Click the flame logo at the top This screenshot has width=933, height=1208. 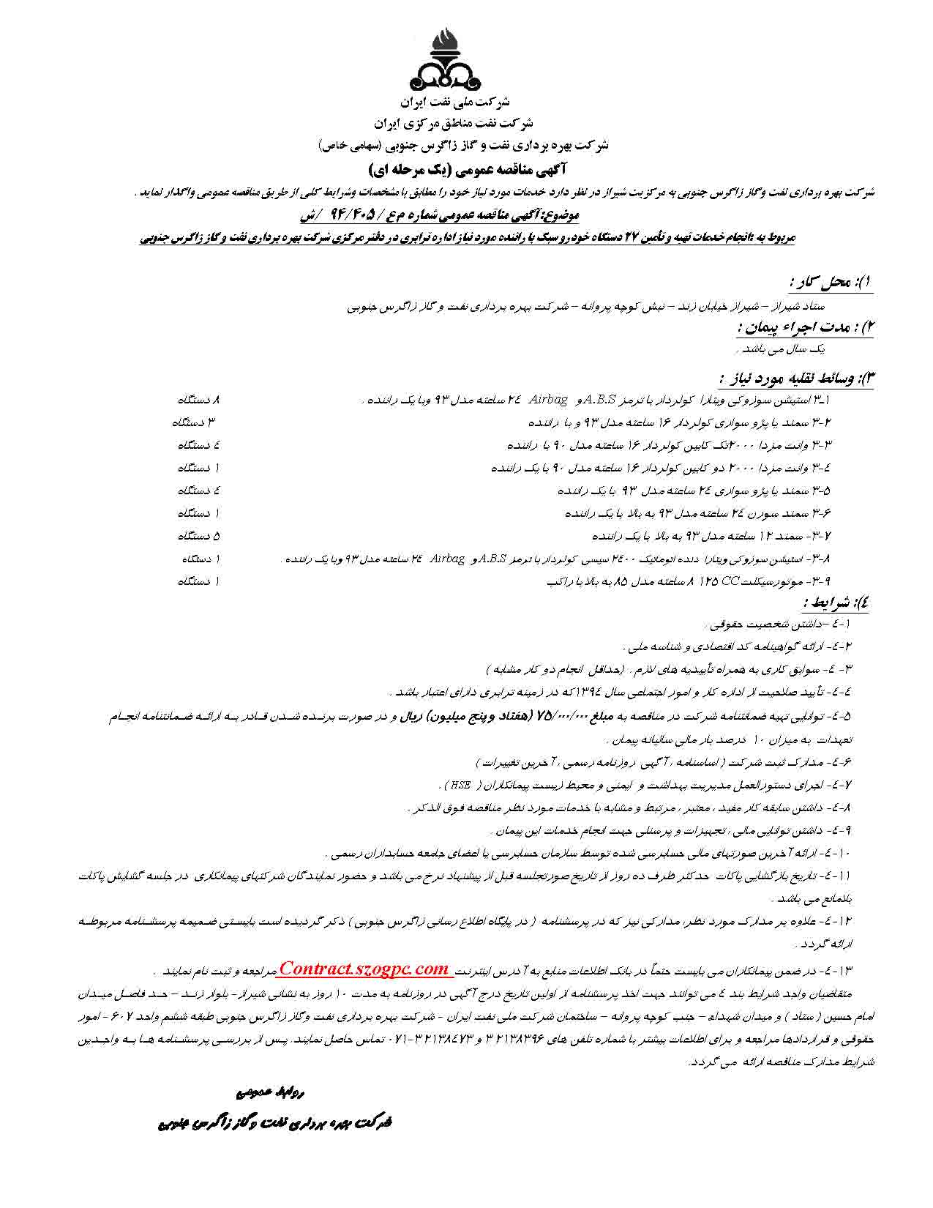point(447,58)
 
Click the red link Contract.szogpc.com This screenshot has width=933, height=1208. point(364,969)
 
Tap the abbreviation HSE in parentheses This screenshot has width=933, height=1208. point(460,786)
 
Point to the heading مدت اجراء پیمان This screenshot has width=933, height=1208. point(802,327)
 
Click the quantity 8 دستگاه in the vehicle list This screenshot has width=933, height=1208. point(198,400)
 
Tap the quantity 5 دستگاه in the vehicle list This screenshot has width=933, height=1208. point(198,535)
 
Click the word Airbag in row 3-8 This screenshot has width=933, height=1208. point(447,559)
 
